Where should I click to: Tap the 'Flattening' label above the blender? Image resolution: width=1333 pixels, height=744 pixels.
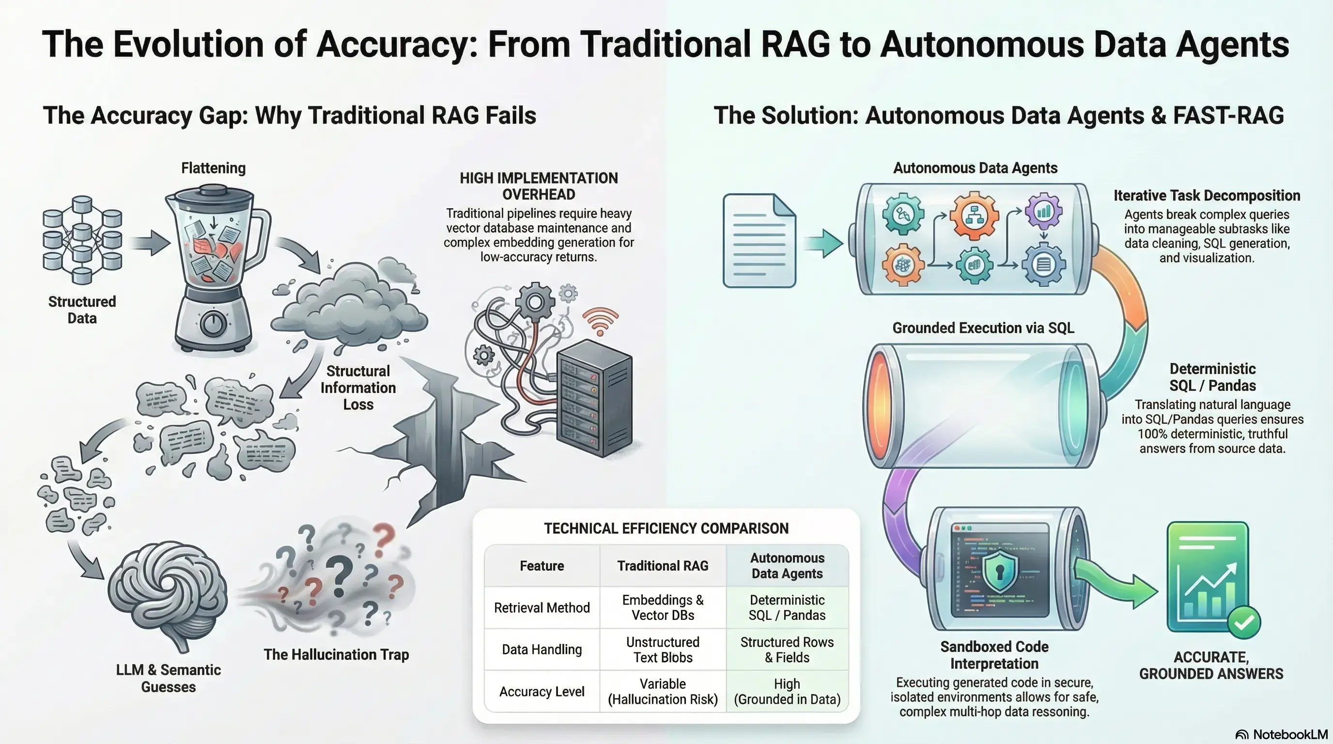tap(213, 168)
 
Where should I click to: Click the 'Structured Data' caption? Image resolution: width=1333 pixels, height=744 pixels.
tap(82, 310)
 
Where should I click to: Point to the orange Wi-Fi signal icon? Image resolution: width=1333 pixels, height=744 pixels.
tap(600, 321)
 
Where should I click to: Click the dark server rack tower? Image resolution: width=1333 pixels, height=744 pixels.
tap(594, 398)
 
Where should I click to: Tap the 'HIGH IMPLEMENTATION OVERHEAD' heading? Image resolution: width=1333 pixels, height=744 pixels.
tap(539, 186)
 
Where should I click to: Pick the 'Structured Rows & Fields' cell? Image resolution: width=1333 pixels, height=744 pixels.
tap(787, 650)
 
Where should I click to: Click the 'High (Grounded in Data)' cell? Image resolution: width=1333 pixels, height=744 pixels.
tap(787, 691)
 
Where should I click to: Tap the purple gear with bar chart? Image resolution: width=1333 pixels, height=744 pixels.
tap(1043, 211)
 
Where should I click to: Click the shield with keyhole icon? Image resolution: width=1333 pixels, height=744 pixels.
tap(999, 571)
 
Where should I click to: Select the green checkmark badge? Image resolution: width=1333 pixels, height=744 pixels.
tap(1243, 622)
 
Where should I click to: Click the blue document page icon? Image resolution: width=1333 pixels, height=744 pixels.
tap(759, 241)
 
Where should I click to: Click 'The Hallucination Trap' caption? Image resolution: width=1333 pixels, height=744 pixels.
tap(336, 654)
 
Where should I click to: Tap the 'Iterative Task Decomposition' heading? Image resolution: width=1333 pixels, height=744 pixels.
tap(1207, 196)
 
